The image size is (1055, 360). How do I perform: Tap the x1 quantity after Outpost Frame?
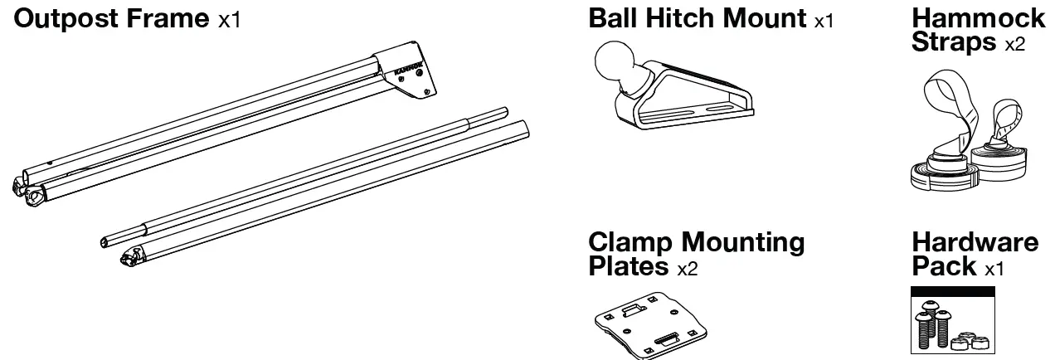coord(229,20)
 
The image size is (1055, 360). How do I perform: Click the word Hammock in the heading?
coord(979,18)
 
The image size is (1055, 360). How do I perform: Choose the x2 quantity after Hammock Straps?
coord(1014,45)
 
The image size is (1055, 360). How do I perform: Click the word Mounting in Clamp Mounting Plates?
coord(743,242)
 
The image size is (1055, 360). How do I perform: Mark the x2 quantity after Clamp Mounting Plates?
coord(688,269)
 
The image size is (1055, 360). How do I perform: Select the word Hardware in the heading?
coord(975,242)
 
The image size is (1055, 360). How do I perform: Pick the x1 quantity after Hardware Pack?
coord(994,269)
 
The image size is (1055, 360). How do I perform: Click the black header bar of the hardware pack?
coord(952,292)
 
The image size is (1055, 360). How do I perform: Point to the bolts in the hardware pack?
coord(932,328)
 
